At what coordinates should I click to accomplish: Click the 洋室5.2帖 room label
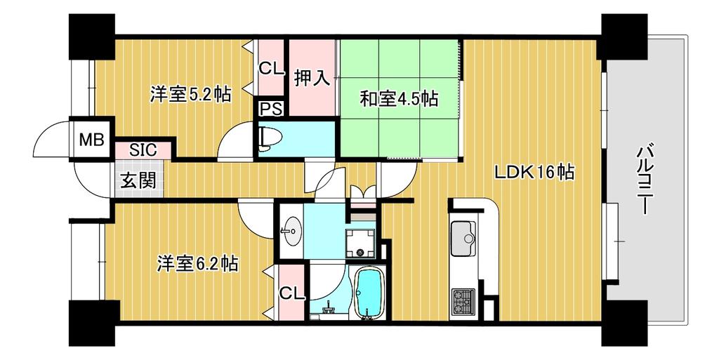(x=190, y=95)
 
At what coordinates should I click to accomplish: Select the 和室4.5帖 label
(x=399, y=99)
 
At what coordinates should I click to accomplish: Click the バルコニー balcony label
(x=645, y=179)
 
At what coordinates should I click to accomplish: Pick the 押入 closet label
(x=312, y=79)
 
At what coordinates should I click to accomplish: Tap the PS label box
(x=272, y=109)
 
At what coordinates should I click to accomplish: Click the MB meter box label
(x=92, y=140)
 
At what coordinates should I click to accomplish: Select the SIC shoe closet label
(x=143, y=149)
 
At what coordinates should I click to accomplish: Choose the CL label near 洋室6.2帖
(x=292, y=292)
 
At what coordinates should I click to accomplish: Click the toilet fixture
(x=265, y=139)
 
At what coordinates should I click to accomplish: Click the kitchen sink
(x=463, y=238)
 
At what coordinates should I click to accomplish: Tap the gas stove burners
(x=463, y=301)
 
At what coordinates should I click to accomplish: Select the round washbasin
(x=290, y=230)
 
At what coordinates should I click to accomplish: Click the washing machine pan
(x=361, y=244)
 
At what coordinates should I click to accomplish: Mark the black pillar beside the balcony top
(x=624, y=36)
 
